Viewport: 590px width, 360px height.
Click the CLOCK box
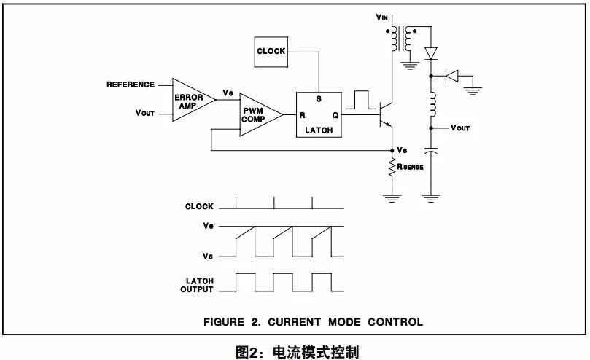tap(271, 51)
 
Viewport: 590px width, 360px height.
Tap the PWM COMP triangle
tap(257, 115)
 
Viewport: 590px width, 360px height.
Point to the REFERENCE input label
tap(131, 85)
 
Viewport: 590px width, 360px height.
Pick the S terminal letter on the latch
tap(318, 99)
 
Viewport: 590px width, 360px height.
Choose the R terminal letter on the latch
tap(302, 115)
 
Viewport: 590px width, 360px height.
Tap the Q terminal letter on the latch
tap(335, 115)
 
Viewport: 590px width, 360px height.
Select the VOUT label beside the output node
tap(460, 128)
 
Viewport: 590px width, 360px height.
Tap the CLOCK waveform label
tap(199, 207)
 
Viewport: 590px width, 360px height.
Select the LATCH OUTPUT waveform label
tap(197, 285)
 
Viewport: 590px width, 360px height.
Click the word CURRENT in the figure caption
tap(302, 321)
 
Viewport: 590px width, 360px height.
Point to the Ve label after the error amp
tap(228, 93)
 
